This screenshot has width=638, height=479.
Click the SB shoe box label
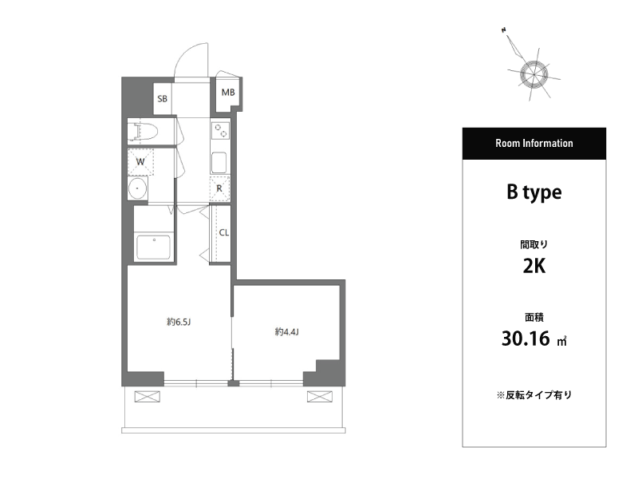tap(163, 98)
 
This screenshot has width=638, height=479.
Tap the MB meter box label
tap(228, 93)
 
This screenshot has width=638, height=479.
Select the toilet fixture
tap(143, 131)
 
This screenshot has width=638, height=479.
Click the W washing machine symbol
tap(141, 162)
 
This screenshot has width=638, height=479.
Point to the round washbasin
tap(138, 188)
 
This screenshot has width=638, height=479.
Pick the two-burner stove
tap(220, 131)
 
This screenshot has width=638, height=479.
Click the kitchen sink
tap(219, 163)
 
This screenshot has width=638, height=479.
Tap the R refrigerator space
tap(220, 188)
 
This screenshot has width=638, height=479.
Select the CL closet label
tap(224, 232)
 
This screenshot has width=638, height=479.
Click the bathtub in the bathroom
tap(153, 247)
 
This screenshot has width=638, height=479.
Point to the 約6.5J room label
tap(179, 322)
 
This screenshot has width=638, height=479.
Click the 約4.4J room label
tap(287, 332)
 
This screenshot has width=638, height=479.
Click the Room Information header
tap(534, 144)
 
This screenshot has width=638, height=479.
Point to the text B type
tap(534, 192)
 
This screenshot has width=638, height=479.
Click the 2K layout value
tap(534, 267)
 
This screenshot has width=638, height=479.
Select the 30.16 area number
tap(526, 338)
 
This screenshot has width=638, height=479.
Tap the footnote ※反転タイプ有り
tap(534, 394)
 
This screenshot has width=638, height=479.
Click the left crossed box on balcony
tap(148, 396)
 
